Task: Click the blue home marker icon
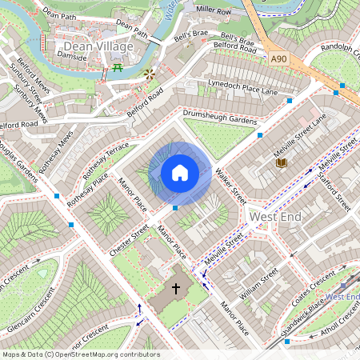(x=180, y=172)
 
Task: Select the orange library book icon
(x=282, y=163)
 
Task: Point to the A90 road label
(x=278, y=58)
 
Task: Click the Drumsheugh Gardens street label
(x=220, y=116)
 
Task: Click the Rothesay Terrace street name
(x=106, y=160)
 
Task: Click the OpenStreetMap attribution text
(x=80, y=354)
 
